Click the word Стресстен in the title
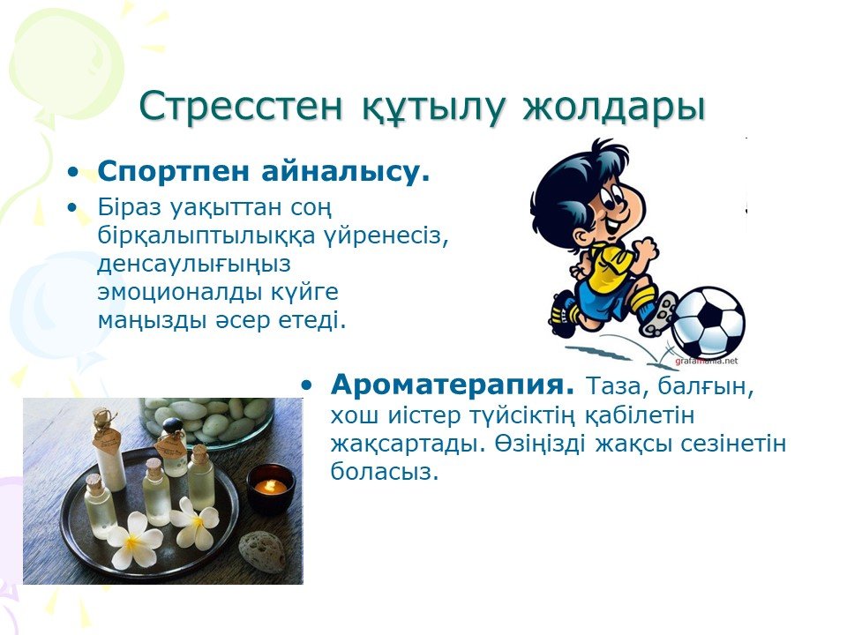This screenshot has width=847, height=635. [240, 107]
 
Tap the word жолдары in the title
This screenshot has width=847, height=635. [615, 108]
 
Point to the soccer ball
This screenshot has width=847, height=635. [708, 323]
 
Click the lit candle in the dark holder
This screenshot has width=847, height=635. [271, 488]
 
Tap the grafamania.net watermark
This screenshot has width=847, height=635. [706, 361]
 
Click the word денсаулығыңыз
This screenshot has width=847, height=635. [194, 265]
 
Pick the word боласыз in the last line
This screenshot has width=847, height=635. [384, 471]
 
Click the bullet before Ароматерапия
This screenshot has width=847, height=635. [307, 385]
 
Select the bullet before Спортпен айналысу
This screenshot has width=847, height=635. [73, 173]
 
